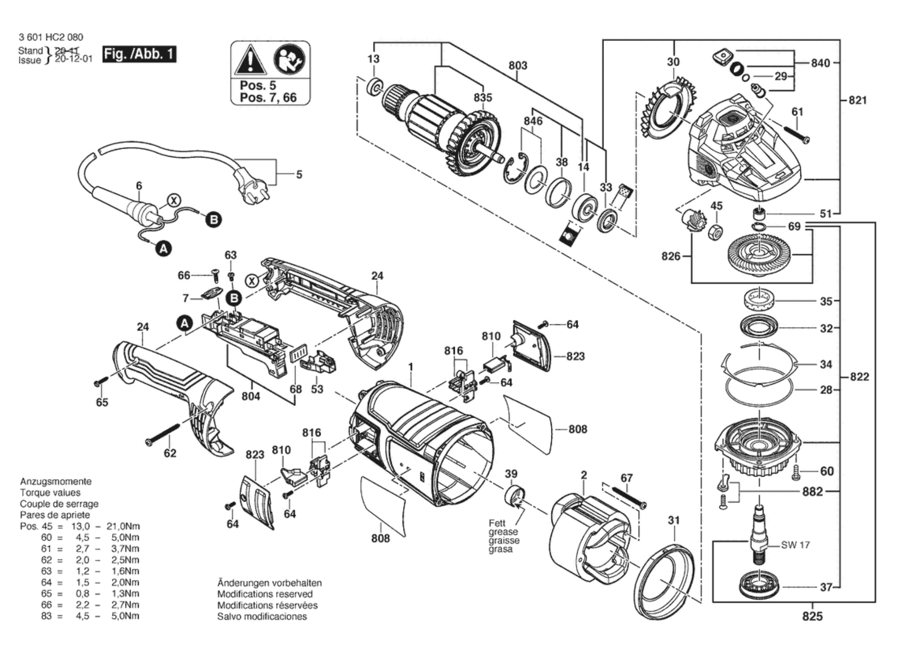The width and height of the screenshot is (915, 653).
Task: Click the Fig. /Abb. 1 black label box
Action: [x=139, y=54]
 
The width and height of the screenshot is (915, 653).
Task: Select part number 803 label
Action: [x=517, y=66]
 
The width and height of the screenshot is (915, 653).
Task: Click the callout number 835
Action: [x=482, y=97]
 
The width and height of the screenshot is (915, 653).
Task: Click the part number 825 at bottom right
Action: [x=812, y=616]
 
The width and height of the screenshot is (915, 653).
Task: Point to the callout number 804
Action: [x=251, y=397]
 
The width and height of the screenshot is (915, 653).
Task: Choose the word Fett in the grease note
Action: [x=497, y=523]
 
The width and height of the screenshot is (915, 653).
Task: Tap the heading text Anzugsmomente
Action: [x=56, y=482]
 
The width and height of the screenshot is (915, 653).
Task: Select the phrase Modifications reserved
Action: [x=265, y=594]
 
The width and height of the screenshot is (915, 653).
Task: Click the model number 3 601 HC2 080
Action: [x=51, y=37]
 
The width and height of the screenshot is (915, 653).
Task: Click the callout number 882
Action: [x=812, y=492]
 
